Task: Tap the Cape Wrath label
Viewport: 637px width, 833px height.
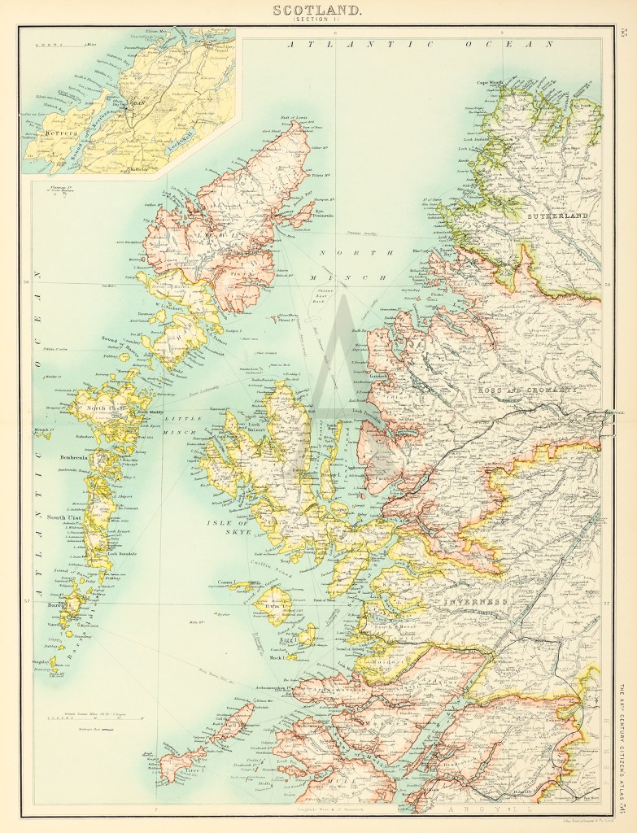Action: pos(491,82)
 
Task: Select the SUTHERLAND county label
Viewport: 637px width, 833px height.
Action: pos(556,218)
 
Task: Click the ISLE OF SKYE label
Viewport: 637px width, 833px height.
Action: pos(233,528)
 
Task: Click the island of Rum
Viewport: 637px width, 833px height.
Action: pos(271,606)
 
